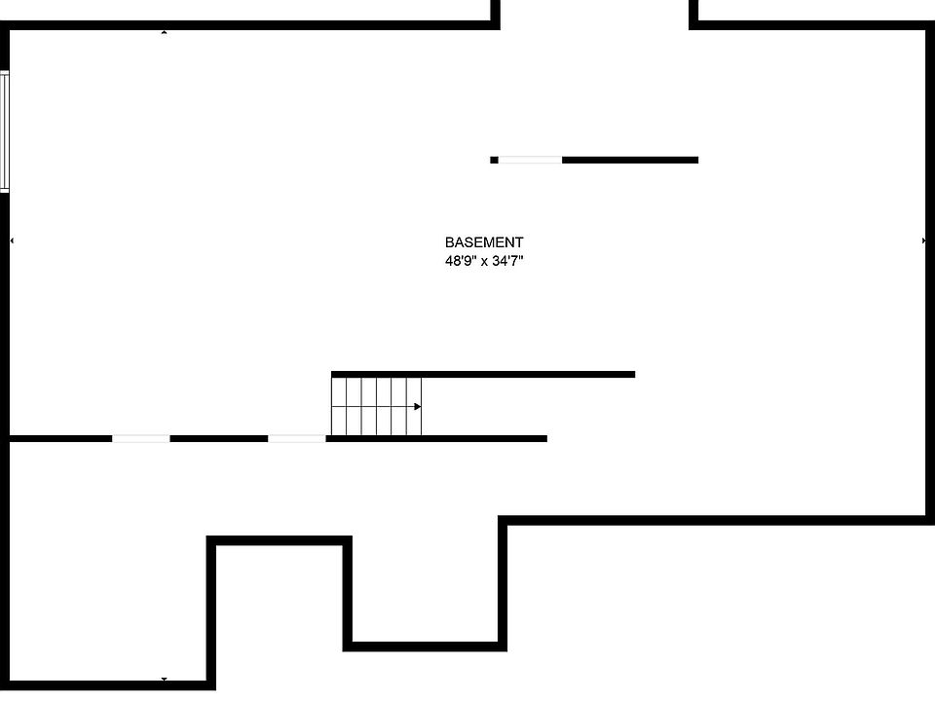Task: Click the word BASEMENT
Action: [484, 242]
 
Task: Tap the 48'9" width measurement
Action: [461, 261]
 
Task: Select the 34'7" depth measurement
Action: [508, 261]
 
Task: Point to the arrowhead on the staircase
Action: [418, 406]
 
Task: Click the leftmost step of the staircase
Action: [339, 406]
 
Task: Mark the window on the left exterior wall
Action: [4, 131]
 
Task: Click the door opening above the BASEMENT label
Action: [530, 160]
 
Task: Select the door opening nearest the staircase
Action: [296, 438]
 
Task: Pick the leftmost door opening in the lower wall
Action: [140, 438]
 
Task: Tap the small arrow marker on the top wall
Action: [164, 32]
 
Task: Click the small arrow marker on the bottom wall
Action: [164, 680]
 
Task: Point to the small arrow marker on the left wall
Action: [12, 240]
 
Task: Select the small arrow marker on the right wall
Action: [923, 240]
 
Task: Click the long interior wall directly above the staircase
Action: [483, 374]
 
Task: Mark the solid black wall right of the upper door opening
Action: [630, 160]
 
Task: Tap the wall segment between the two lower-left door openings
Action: [218, 438]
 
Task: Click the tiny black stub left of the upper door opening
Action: [494, 160]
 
